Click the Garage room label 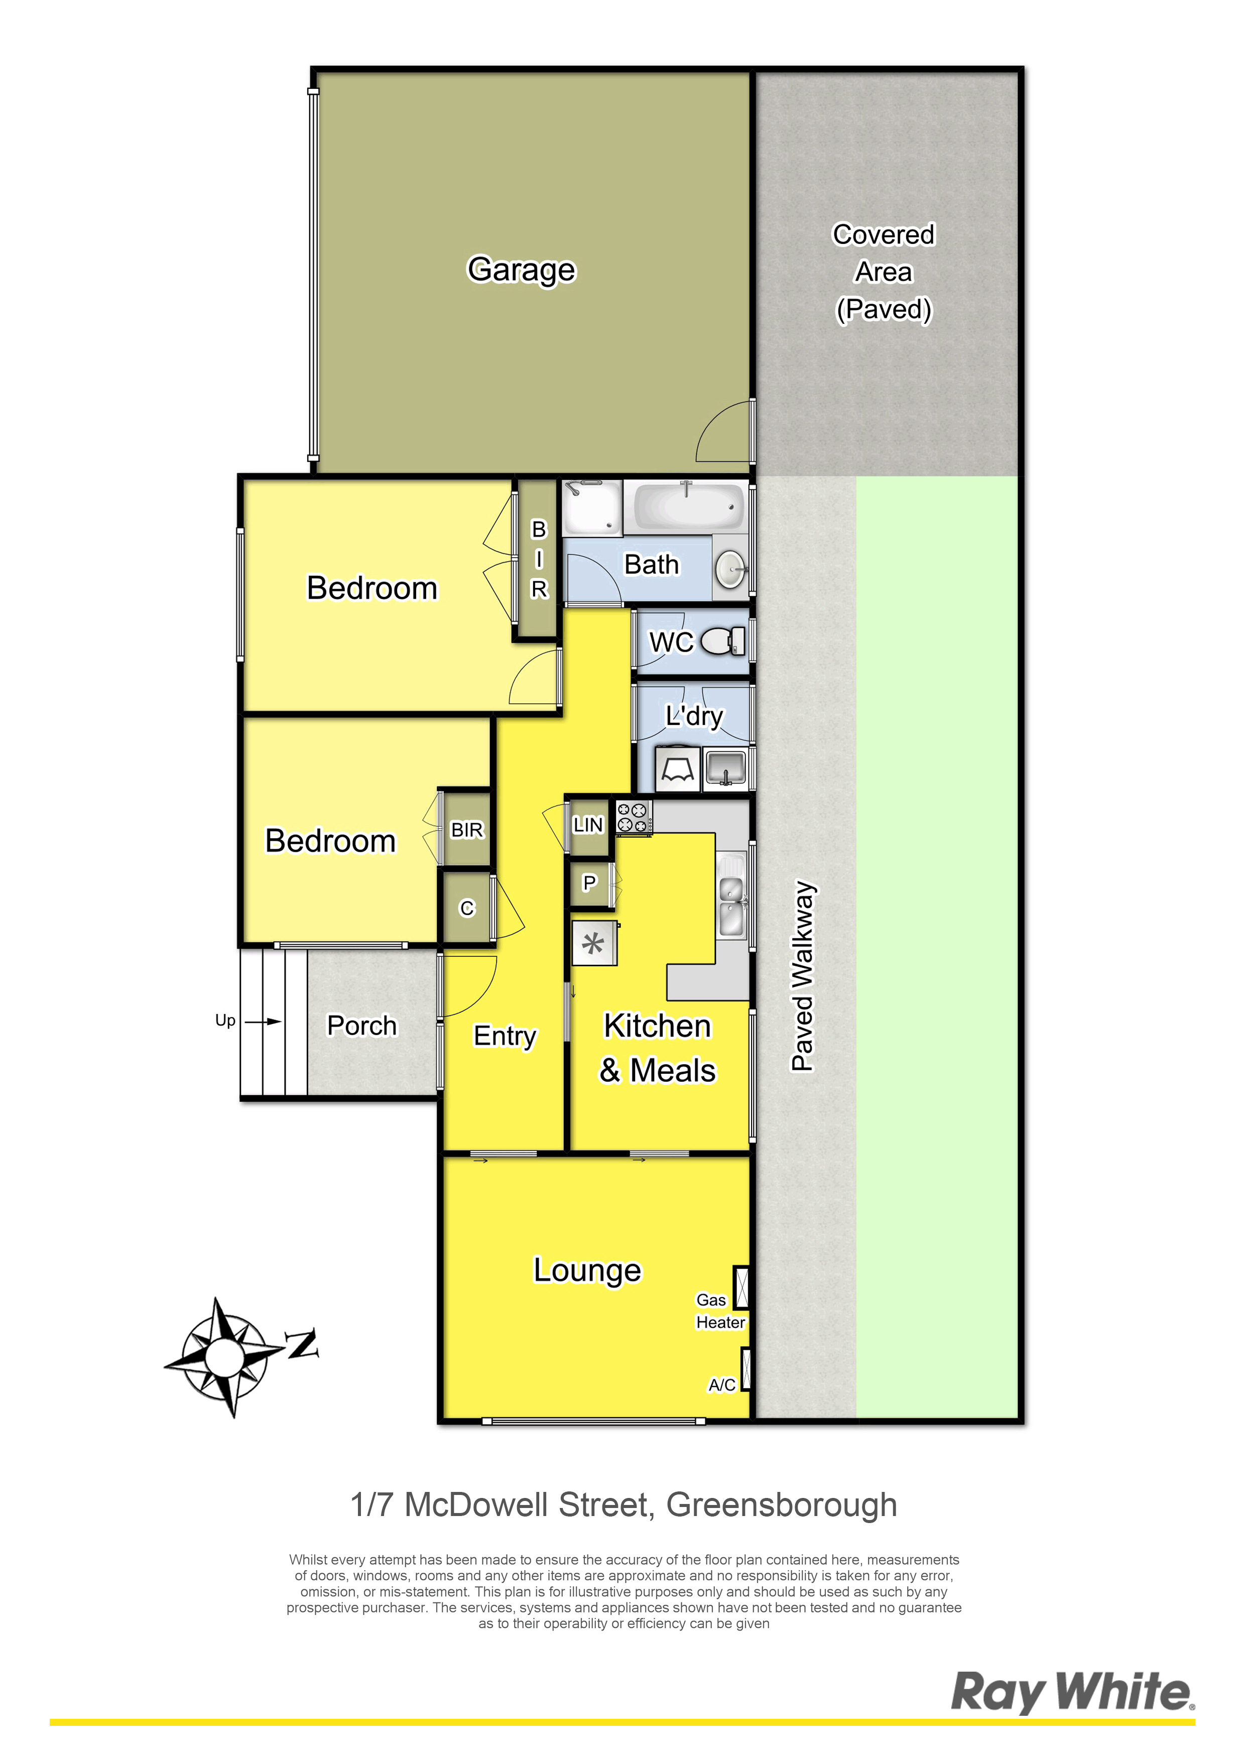pos(522,270)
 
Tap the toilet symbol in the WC pos(722,641)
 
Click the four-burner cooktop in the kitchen pos(634,817)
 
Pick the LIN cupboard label pos(588,824)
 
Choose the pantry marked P pos(590,884)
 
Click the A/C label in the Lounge pos(722,1385)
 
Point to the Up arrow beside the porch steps pos(266,1022)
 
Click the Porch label pos(362,1026)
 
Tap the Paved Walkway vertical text pos(803,975)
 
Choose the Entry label pos(505,1036)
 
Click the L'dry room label pos(694,716)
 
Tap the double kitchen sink pos(731,895)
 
